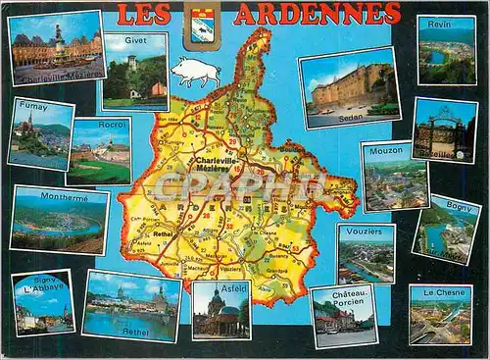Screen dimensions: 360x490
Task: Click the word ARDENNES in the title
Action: [317, 14]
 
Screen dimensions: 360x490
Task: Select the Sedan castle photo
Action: [349, 88]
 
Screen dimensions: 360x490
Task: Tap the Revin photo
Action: [446, 50]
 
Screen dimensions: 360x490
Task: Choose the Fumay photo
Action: [39, 134]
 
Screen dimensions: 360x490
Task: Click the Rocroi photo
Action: [99, 152]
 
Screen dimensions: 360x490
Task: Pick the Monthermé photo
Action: [60, 221]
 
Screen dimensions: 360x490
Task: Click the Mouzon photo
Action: [394, 178]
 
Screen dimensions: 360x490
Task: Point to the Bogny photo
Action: [446, 230]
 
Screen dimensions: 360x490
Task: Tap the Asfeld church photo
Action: [220, 312]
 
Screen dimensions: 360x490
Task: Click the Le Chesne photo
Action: [440, 315]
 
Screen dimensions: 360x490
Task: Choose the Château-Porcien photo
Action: [343, 317]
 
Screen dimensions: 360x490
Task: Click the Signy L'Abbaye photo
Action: [43, 303]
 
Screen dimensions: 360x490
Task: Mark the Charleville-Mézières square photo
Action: [56, 47]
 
